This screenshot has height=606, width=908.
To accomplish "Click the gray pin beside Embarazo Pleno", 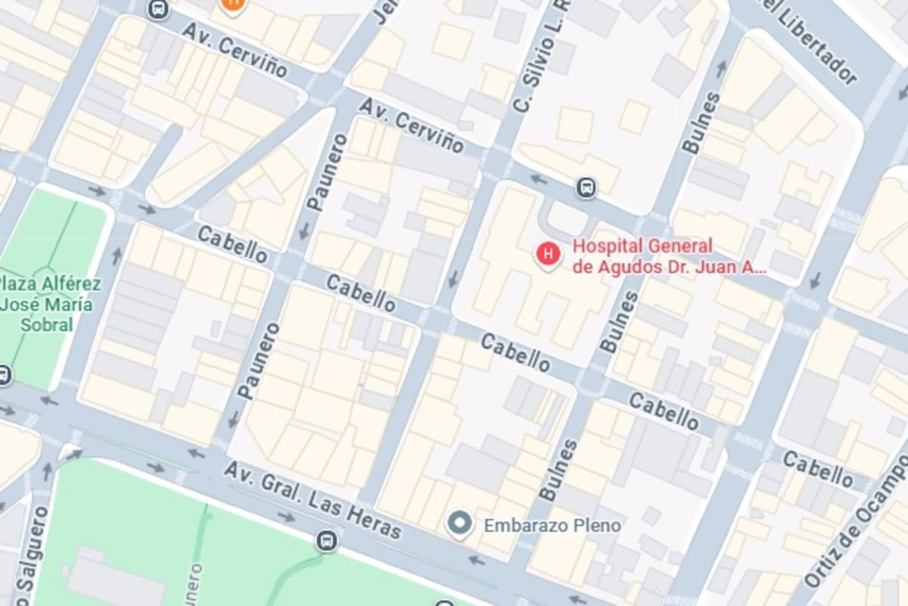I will (459, 523).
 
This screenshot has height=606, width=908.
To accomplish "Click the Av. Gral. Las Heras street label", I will (312, 500).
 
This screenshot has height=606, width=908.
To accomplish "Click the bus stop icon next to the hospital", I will (586, 187).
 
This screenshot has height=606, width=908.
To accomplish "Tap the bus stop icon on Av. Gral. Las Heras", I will (327, 541).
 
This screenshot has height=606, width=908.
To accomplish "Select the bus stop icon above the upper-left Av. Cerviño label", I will (159, 10).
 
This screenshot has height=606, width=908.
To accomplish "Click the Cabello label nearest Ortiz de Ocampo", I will (817, 469).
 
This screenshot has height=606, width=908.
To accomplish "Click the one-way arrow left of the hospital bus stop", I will (538, 180).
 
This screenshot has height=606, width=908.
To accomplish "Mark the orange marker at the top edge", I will (233, 5).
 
